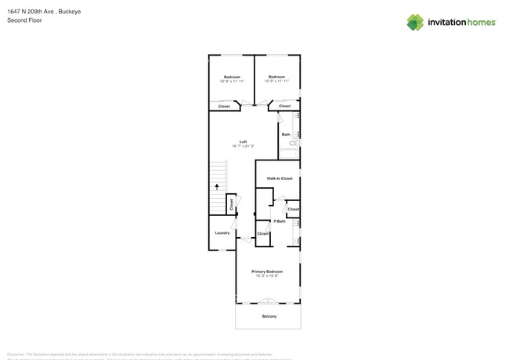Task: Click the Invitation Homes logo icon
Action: [415, 23]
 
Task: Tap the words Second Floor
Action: [24, 20]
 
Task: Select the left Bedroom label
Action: [232, 77]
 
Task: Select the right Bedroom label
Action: [276, 77]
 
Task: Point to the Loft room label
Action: [243, 142]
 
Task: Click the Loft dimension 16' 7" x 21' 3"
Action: [243, 146]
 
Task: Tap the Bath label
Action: [286, 135]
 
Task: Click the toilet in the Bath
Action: [294, 144]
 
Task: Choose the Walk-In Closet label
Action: [280, 178]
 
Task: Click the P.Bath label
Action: [280, 221]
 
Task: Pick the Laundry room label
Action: [222, 232]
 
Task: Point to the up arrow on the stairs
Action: [217, 187]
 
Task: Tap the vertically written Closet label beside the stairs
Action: [231, 203]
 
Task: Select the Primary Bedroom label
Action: [267, 272]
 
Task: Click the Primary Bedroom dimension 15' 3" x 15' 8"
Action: [267, 276]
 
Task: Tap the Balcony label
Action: [269, 316]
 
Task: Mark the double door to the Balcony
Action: [268, 301]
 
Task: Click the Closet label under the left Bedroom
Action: [224, 106]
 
